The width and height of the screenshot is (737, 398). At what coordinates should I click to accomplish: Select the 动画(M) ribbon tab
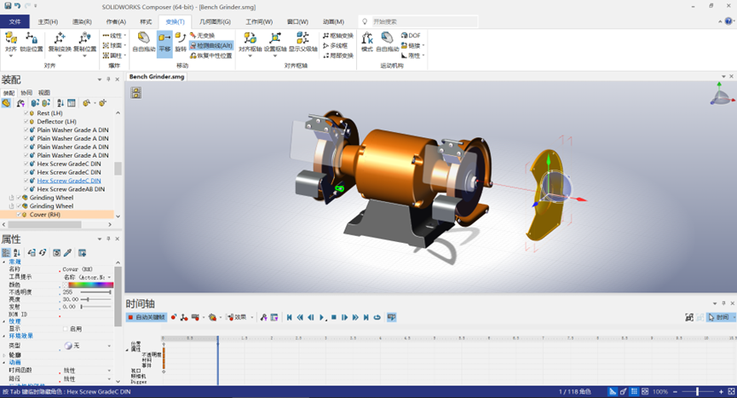334,21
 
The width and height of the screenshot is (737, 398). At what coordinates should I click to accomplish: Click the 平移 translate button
164,42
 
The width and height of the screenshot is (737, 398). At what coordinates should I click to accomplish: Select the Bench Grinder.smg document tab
157,77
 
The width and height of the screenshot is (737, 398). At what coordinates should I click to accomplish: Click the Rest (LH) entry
49,112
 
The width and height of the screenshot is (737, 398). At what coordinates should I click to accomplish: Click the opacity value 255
68,292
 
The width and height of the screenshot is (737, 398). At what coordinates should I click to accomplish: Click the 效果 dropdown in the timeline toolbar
241,317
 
